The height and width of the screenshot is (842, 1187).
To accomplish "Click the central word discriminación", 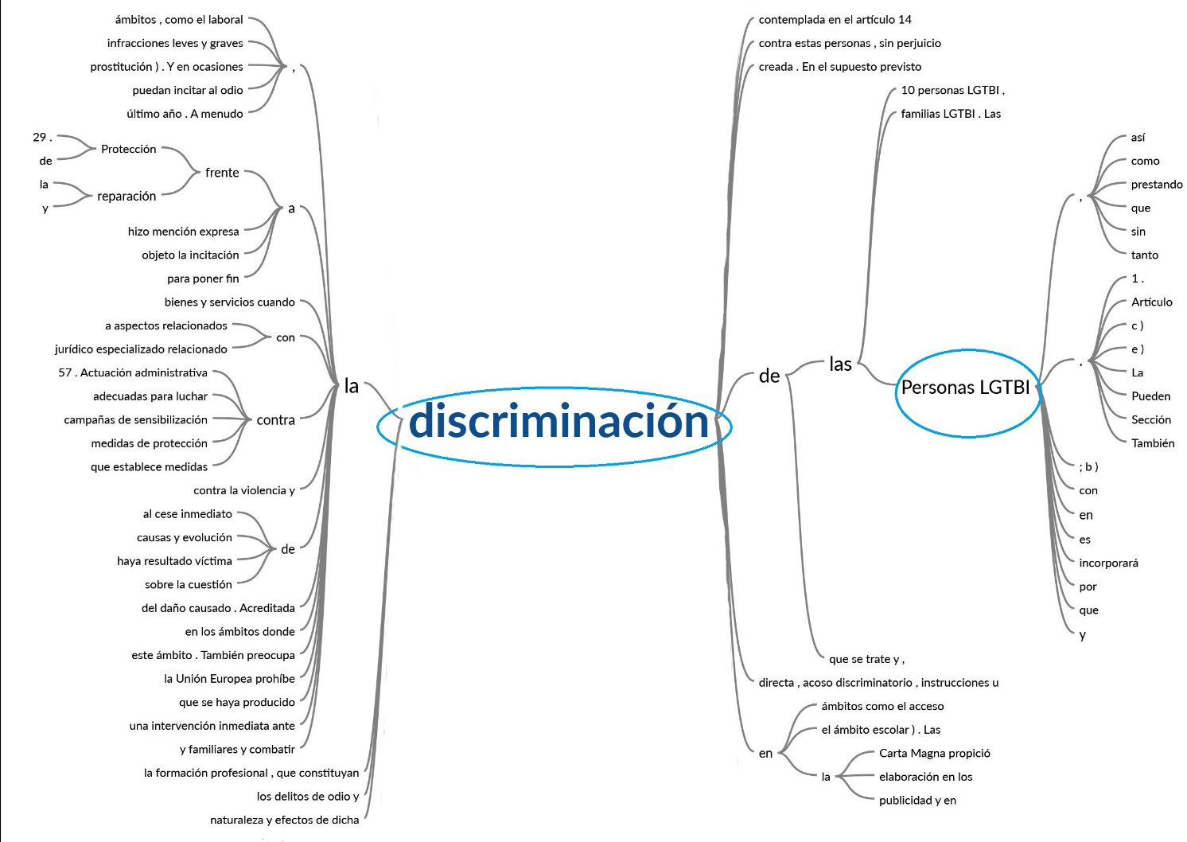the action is point(558,421).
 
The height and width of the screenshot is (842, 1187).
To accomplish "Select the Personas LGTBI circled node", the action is point(965,388).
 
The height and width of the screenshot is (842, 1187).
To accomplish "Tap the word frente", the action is point(222,173).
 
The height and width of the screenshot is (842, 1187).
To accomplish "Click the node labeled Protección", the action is point(129,149).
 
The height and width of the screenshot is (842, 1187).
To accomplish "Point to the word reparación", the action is point(126,197).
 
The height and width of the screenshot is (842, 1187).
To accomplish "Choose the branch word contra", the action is point(275,420).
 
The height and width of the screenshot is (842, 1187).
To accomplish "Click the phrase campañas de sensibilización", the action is point(136,420).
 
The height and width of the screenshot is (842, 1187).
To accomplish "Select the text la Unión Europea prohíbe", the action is point(229,679).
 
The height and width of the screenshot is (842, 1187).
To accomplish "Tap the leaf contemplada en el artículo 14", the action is point(835,20).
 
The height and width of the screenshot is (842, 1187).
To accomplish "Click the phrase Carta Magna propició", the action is point(935,753).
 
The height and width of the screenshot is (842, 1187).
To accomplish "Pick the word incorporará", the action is point(1108,563).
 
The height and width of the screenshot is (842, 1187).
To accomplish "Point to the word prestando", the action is point(1157,185).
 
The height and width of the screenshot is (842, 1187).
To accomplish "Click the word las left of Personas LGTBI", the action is point(840,364).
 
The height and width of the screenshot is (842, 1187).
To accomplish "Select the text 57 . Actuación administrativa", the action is point(133,372).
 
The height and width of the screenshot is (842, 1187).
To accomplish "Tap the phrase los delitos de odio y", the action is point(308,797).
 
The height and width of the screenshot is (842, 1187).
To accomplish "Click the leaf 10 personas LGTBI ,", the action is point(953,90).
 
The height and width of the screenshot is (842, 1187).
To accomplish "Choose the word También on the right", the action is point(1153,443).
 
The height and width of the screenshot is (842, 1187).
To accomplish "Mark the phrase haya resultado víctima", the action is point(174,561).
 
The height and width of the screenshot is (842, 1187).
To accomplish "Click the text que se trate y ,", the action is point(867,659).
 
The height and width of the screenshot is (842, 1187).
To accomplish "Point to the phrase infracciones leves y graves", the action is point(175,43).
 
